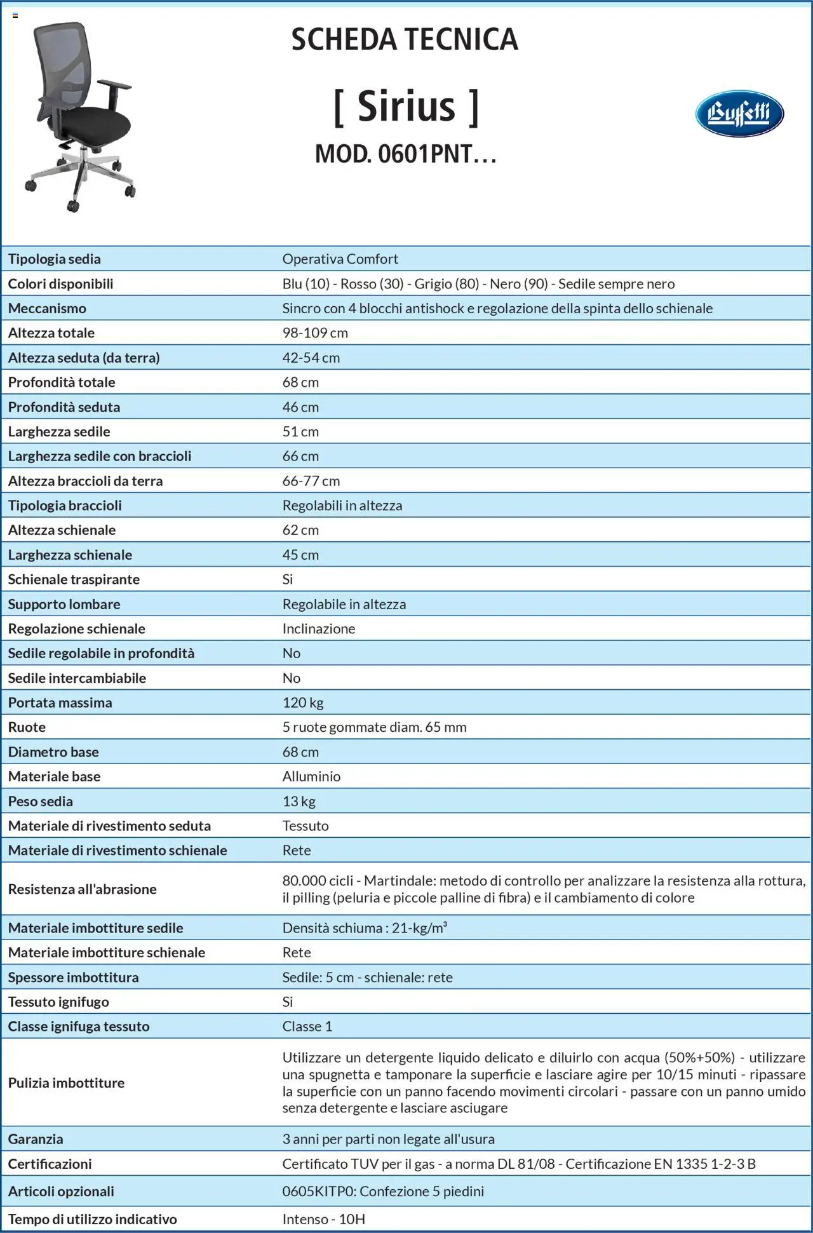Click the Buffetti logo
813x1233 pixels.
pyautogui.click(x=739, y=114)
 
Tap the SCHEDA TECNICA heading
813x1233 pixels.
pyautogui.click(x=405, y=39)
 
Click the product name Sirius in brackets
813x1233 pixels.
pyautogui.click(x=406, y=106)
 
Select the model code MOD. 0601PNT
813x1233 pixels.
pyautogui.click(x=405, y=154)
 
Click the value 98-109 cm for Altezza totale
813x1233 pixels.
pyautogui.click(x=315, y=333)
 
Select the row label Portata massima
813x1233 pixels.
pyautogui.click(x=60, y=703)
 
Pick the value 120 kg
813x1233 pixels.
pyautogui.click(x=303, y=703)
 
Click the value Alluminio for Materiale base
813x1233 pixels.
pyautogui.click(x=311, y=776)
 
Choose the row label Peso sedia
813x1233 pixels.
pyautogui.click(x=40, y=801)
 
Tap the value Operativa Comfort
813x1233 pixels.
pyautogui.click(x=340, y=259)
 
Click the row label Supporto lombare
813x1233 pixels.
pyautogui.click(x=64, y=604)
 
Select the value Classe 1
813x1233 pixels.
pyautogui.click(x=307, y=1027)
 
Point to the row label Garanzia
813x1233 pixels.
pyautogui.click(x=36, y=1139)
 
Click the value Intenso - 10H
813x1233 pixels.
pyautogui.click(x=323, y=1219)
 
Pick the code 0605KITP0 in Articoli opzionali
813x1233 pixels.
pyautogui.click(x=317, y=1191)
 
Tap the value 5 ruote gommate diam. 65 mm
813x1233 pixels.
pyautogui.click(x=374, y=727)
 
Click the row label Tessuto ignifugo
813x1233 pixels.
pyautogui.click(x=58, y=1002)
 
